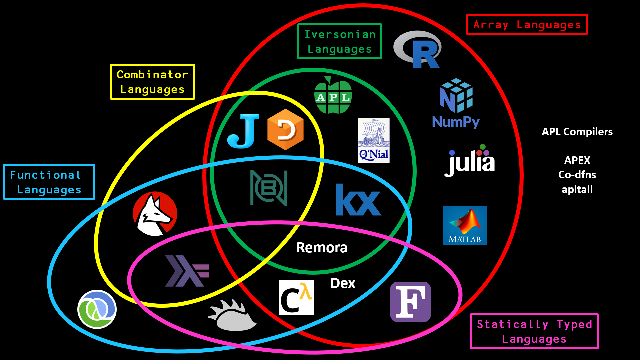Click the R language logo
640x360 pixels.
click(x=418, y=49)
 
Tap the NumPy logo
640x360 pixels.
click(x=456, y=103)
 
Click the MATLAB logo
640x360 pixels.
click(x=465, y=225)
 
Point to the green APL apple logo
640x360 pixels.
click(x=333, y=95)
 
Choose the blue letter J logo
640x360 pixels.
click(x=243, y=131)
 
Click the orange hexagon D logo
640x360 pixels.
click(x=285, y=129)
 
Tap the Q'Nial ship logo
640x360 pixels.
click(x=374, y=140)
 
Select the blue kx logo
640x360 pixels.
click(x=358, y=200)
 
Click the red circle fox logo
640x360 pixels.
click(x=155, y=214)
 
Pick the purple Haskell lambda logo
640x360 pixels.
click(x=187, y=271)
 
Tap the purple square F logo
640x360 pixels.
click(x=410, y=302)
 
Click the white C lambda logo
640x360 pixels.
click(x=296, y=297)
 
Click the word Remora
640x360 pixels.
click(x=322, y=248)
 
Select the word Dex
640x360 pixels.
click(x=343, y=283)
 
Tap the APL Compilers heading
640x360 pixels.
click(x=577, y=132)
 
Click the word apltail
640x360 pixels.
click(x=577, y=189)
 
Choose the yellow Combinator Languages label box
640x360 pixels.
click(x=152, y=82)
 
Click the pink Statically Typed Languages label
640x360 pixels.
click(x=534, y=331)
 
